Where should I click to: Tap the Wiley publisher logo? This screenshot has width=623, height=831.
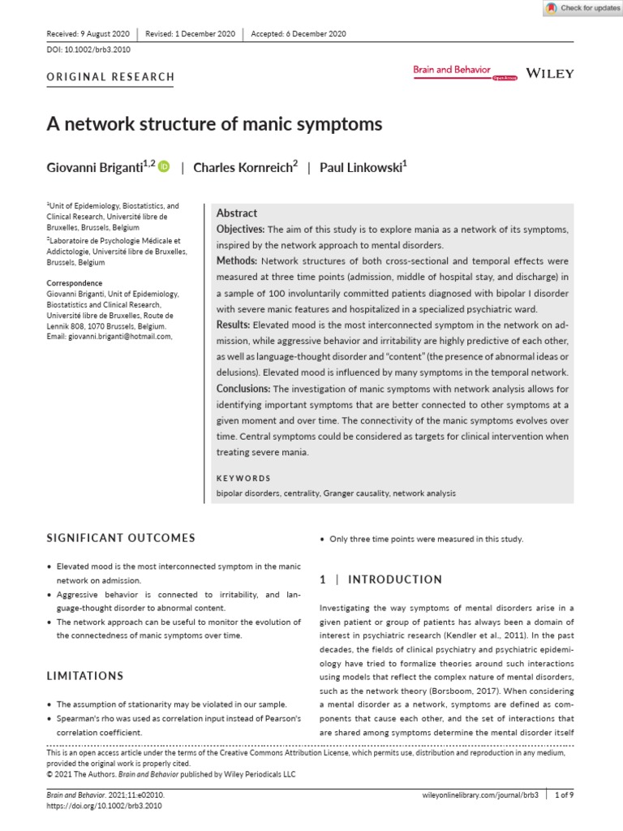550,73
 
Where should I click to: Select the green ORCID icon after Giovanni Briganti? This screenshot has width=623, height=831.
165,167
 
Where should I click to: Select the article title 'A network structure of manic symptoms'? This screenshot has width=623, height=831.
214,125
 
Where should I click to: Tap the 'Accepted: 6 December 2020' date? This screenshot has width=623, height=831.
299,33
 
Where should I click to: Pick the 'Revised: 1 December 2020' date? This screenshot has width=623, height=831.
191,33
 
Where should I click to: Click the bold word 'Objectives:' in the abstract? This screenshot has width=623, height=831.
240,230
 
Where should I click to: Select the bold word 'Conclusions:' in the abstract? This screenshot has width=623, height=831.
243,389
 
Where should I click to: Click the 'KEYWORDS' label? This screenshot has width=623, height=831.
243,479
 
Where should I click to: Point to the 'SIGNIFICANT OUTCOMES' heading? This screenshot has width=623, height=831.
121,538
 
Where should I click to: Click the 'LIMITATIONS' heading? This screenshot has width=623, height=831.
85,676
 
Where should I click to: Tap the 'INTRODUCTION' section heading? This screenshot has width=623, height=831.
381,579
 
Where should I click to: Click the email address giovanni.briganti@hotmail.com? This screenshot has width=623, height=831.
121,336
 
